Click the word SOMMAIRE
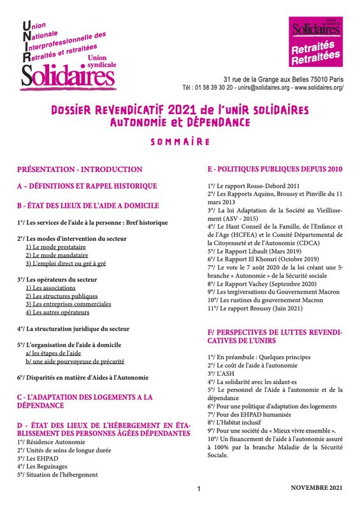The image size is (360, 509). tap(180, 141)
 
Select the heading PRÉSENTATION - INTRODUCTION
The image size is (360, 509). tap(80, 169)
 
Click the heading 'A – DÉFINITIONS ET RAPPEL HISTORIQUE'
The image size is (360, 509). tap(87, 186)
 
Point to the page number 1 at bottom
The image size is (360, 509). tap(199, 489)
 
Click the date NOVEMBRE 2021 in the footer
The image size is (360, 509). tap(316, 487)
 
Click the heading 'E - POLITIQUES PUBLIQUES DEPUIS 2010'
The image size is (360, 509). tap(275, 169)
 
